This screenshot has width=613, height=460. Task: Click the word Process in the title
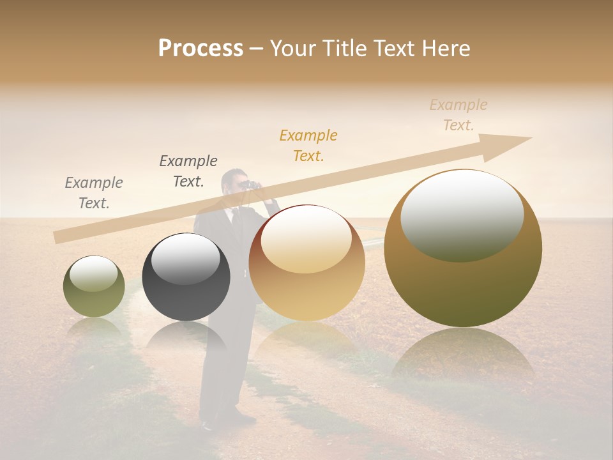coord(201,49)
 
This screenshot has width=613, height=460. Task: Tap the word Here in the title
coord(446,49)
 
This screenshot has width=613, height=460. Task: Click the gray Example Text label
coord(94,193)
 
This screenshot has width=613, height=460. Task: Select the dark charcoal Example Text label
coord(188,171)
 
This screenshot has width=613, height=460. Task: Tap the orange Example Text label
coord(308,146)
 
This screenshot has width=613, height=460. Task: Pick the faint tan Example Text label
coord(458,115)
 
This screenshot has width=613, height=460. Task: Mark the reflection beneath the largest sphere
coord(463,358)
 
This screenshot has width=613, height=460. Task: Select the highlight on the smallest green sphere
coord(93,274)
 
